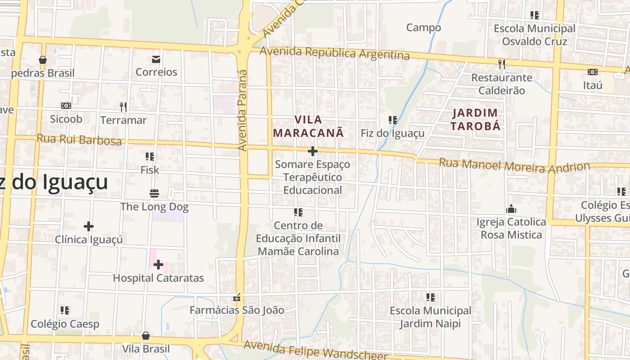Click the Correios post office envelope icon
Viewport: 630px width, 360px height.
pyautogui.click(x=156, y=59)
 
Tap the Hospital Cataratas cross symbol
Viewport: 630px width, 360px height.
pyautogui.click(x=158, y=265)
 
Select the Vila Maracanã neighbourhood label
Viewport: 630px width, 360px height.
pyautogui.click(x=308, y=126)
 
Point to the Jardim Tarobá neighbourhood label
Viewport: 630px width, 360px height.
pyautogui.click(x=475, y=119)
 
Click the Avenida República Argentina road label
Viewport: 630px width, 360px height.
pyautogui.click(x=334, y=53)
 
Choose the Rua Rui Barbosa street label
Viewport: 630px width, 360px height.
pyautogui.click(x=79, y=139)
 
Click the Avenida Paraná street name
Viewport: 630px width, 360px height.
pyautogui.click(x=243, y=110)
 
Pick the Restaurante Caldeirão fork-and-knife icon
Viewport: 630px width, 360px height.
pyautogui.click(x=502, y=64)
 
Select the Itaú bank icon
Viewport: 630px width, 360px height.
pyautogui.click(x=592, y=72)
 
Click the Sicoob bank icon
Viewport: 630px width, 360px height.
pyautogui.click(x=66, y=106)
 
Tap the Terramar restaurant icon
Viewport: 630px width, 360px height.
pyautogui.click(x=123, y=107)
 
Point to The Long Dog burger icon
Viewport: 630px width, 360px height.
pyautogui.click(x=154, y=194)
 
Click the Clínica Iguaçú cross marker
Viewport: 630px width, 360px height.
pyautogui.click(x=89, y=226)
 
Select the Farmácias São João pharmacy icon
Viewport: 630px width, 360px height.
pyautogui.click(x=237, y=297)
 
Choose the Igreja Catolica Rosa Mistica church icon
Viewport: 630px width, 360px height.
pyautogui.click(x=511, y=209)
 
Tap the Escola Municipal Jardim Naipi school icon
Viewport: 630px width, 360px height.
pyautogui.click(x=431, y=297)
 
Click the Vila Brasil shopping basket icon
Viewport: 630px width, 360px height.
pyautogui.click(x=146, y=336)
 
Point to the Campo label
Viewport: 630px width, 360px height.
pyautogui.click(x=423, y=28)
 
